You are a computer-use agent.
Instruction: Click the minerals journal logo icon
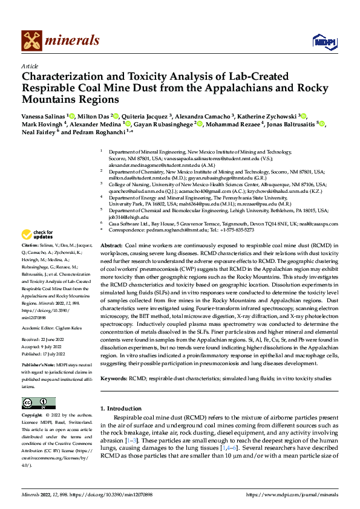point(31,41)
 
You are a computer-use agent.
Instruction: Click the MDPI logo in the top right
point(323,41)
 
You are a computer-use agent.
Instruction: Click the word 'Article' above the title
point(29,66)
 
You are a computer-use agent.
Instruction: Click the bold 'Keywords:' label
point(113,378)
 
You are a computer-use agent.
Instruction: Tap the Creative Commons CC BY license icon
point(38,403)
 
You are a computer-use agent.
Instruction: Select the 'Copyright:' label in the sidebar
point(32,416)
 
